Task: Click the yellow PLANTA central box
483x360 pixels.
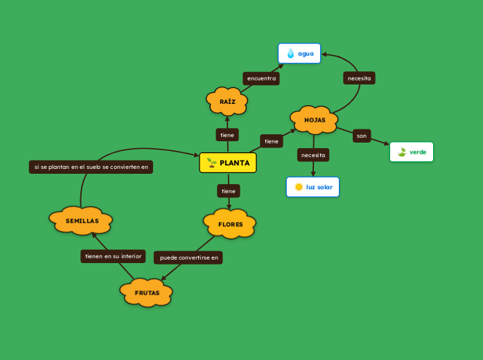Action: click(x=228, y=163)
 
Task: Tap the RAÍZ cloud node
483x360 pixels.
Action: click(x=227, y=102)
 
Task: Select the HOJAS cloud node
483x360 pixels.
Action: click(x=314, y=120)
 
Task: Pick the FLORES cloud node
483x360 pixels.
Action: click(x=229, y=224)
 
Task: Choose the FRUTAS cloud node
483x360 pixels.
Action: click(x=146, y=293)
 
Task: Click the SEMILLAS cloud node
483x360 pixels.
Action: click(x=81, y=221)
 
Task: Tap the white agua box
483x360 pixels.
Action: click(x=299, y=53)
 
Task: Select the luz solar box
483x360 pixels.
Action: click(x=313, y=187)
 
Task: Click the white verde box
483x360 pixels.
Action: click(x=412, y=152)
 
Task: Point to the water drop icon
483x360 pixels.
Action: click(x=290, y=53)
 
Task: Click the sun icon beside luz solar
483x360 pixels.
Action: click(x=299, y=187)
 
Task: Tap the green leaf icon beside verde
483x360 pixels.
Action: click(x=402, y=152)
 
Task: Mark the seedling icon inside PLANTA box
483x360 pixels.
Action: click(x=212, y=163)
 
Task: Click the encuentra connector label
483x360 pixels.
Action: click(x=261, y=78)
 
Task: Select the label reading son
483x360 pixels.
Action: click(x=362, y=136)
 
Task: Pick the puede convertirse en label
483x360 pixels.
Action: click(x=188, y=258)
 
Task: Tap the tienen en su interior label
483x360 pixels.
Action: click(x=113, y=256)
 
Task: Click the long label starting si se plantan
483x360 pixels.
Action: click(x=91, y=167)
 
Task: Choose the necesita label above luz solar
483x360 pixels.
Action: click(x=313, y=155)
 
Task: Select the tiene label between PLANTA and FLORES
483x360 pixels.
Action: click(x=228, y=190)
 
